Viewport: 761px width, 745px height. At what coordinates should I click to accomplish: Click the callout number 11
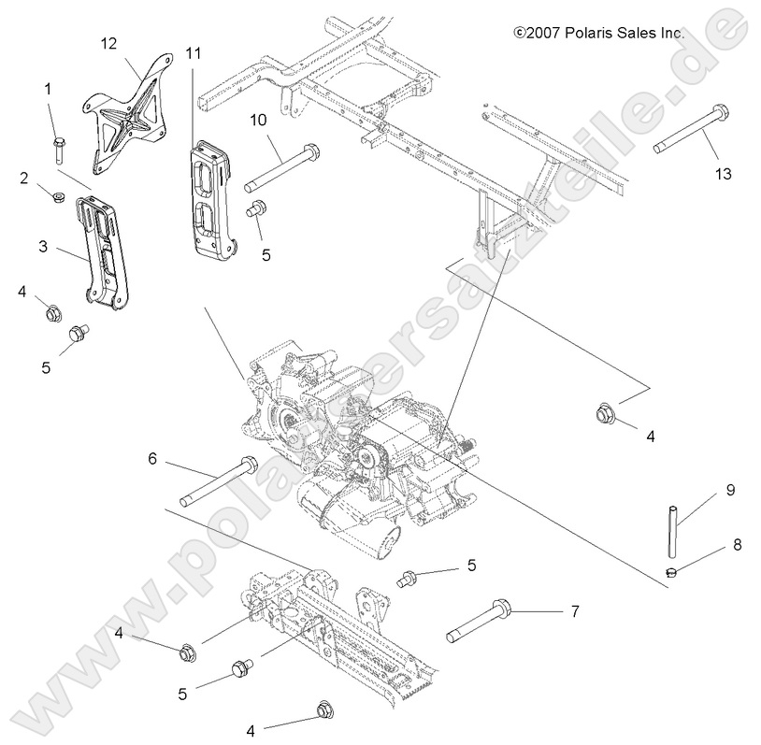(x=194, y=53)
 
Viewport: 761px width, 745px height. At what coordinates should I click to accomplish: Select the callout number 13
(x=724, y=174)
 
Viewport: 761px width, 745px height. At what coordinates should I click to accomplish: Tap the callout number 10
(x=258, y=119)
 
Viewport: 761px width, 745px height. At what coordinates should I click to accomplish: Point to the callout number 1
(x=48, y=89)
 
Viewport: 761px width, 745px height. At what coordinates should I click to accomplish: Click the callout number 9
(x=730, y=489)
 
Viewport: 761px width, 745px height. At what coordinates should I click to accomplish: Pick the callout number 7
(x=574, y=612)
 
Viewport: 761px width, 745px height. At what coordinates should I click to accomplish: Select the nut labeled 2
(x=55, y=197)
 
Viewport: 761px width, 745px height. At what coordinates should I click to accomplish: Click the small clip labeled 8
(x=670, y=571)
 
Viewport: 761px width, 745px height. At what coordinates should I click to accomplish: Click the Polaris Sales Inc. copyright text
(x=599, y=33)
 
